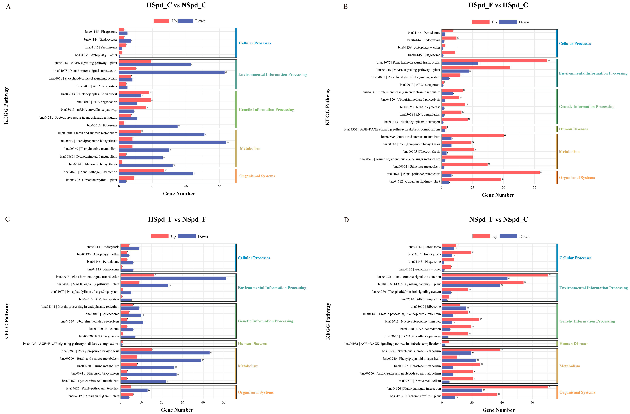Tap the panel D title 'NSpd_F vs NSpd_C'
(x=498, y=219)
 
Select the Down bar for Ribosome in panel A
(x=148, y=126)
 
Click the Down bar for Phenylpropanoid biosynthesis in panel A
(x=172, y=142)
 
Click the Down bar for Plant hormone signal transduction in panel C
(x=173, y=278)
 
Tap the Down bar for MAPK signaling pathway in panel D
(x=471, y=286)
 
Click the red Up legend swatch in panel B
(x=480, y=22)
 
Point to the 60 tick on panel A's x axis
(x=219, y=186)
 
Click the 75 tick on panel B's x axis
(x=534, y=187)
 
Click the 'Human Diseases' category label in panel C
(x=252, y=344)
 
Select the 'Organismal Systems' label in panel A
(x=257, y=176)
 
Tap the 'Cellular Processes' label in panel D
(x=575, y=258)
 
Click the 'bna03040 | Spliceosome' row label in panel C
(x=102, y=314)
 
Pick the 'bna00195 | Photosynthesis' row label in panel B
(x=422, y=152)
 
